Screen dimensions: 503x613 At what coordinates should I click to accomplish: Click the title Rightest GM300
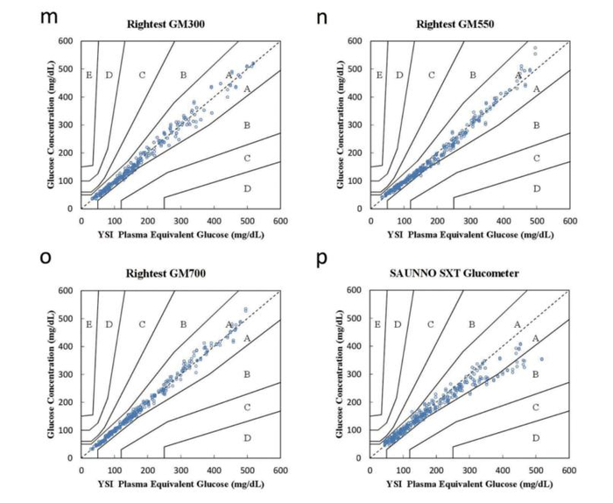coord(173,25)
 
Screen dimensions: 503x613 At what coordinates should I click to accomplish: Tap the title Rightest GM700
coord(173,273)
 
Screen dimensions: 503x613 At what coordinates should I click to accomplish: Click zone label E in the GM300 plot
coord(88,75)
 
